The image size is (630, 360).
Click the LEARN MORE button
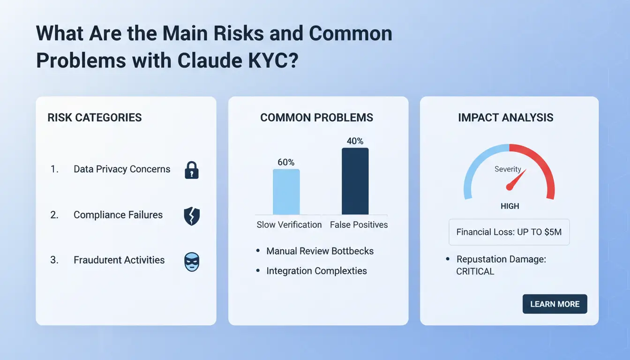[x=555, y=304]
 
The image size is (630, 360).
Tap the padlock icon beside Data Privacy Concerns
[x=192, y=170]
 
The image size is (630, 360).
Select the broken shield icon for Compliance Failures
[x=192, y=216]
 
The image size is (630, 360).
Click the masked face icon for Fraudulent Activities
[x=192, y=262]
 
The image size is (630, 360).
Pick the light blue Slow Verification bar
[x=286, y=192]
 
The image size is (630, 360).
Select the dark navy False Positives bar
[x=355, y=181]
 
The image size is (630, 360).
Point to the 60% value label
[x=286, y=162]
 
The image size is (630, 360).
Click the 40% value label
[x=355, y=141]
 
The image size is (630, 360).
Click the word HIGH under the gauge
[x=510, y=206]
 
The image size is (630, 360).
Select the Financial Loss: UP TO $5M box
[x=509, y=232]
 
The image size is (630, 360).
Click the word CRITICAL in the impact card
[x=475, y=271]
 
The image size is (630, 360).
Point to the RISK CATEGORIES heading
[x=95, y=118]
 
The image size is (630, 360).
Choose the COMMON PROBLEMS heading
[x=317, y=118]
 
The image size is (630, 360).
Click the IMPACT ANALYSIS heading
[x=506, y=118]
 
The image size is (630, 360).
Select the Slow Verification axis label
[x=289, y=225]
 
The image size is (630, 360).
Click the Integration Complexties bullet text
[x=317, y=271]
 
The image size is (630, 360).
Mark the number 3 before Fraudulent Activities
[x=53, y=260]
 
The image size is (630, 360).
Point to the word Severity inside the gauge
[x=508, y=169]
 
